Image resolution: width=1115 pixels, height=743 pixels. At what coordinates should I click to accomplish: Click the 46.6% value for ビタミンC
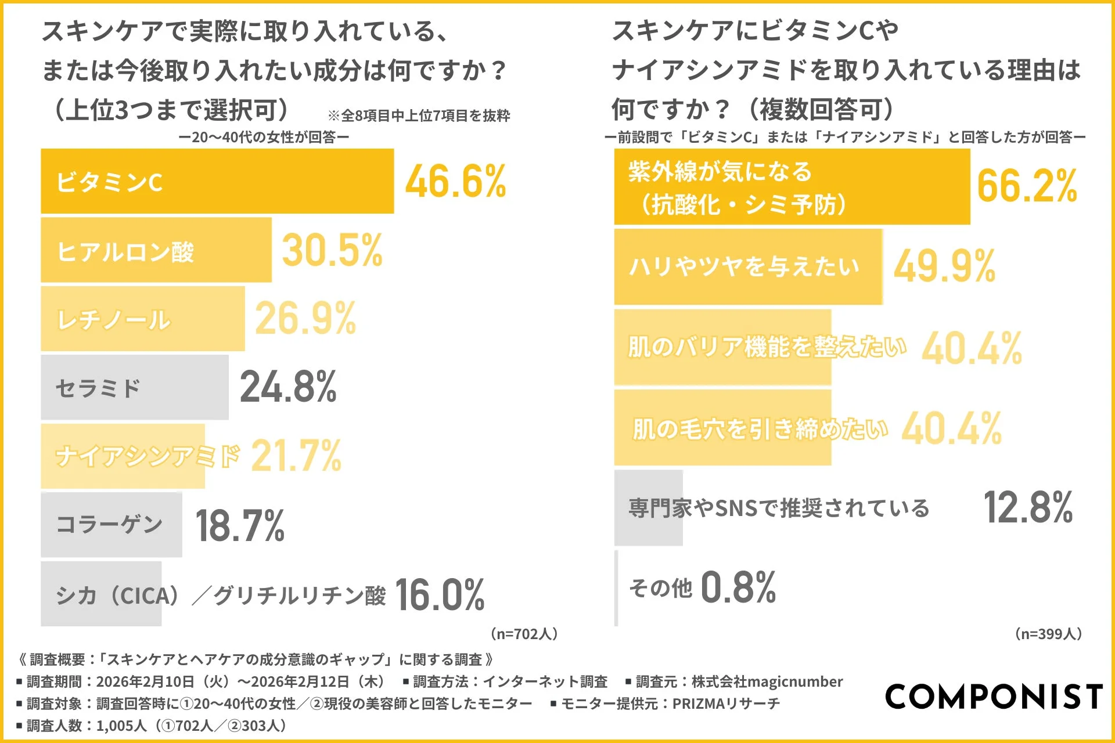coord(455,182)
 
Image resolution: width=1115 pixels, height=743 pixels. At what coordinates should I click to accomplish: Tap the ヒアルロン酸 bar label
coord(125,252)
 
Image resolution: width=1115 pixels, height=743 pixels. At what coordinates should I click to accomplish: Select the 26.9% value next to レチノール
coord(305,319)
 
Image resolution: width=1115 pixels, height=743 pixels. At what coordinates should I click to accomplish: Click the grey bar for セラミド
coord(135,388)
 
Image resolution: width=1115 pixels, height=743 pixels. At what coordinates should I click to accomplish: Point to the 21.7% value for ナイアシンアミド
coord(296,456)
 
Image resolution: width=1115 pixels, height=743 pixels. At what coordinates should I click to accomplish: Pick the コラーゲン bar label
coord(109,524)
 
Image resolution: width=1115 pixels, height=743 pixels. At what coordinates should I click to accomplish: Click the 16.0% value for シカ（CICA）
coord(440,595)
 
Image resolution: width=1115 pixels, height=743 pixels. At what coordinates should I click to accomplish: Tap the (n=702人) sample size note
coord(524,633)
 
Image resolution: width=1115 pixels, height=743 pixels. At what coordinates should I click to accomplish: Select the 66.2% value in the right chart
coord(1027,186)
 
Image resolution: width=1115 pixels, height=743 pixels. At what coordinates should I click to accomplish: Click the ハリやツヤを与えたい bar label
coord(744,266)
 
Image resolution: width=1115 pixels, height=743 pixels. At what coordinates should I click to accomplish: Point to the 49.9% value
coord(944,266)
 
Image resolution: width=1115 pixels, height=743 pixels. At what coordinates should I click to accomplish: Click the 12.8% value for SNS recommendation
coord(1027,508)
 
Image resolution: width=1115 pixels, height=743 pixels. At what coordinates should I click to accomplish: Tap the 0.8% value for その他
coord(738,587)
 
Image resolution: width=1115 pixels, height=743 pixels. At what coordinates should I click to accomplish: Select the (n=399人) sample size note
coord(1048,633)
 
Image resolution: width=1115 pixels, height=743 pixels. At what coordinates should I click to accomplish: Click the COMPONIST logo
coord(994,696)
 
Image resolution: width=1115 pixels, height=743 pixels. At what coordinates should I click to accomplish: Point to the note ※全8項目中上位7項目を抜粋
coord(419,116)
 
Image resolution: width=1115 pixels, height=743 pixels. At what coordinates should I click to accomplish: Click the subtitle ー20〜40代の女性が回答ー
coord(264,137)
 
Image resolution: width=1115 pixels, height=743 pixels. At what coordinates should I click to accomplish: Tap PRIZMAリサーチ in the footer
coord(726,704)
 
